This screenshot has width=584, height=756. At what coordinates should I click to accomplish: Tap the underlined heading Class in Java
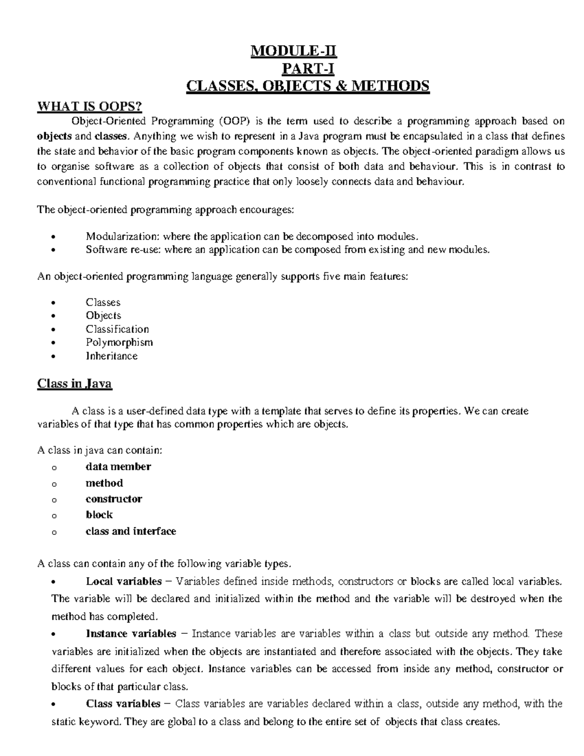[74, 384]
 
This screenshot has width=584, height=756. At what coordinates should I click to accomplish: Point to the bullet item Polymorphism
[119, 342]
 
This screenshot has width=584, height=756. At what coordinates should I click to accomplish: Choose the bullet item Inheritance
[111, 356]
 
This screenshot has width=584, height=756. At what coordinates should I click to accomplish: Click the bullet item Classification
[117, 329]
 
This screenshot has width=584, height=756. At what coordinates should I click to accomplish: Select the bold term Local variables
[124, 581]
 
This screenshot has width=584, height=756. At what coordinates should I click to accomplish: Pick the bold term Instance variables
[131, 634]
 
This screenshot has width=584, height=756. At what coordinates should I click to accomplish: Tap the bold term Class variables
[123, 704]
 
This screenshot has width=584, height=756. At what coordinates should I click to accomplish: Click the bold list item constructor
[114, 499]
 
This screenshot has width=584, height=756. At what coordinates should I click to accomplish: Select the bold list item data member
[118, 467]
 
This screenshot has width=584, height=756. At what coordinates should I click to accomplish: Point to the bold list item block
[99, 515]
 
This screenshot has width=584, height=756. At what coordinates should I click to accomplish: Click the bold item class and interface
[130, 531]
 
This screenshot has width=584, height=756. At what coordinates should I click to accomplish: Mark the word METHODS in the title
[391, 86]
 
